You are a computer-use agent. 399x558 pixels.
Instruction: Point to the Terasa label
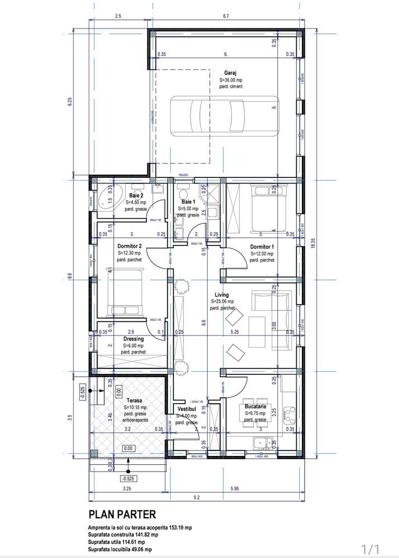click(133, 401)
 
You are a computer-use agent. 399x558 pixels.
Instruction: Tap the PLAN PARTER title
click(122, 514)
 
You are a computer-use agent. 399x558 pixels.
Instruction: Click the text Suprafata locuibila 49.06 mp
click(127, 549)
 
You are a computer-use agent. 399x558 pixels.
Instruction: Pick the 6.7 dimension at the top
click(225, 16)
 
